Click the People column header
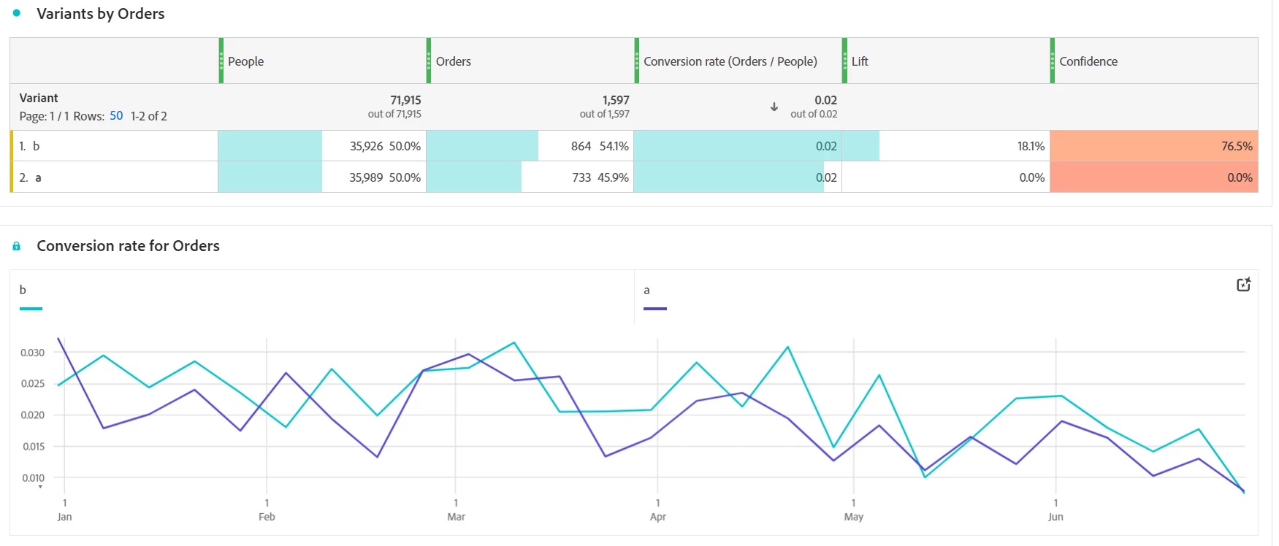point(245,61)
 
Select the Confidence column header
point(1088,61)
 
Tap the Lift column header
point(860,61)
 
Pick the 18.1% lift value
point(1031,146)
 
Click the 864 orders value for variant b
point(581,146)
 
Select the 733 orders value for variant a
point(581,177)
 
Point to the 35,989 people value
point(366,177)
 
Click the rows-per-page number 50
point(116,116)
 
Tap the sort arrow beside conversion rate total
point(774,107)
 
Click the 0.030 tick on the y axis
point(33,353)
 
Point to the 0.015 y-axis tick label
point(33,447)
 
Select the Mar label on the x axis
point(456,517)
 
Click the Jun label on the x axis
point(1055,517)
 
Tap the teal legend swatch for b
point(31,309)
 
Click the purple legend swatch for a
point(654,309)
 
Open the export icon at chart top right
point(1243,285)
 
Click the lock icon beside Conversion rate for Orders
point(17,246)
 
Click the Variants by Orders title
point(101,14)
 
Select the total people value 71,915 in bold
point(405,100)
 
